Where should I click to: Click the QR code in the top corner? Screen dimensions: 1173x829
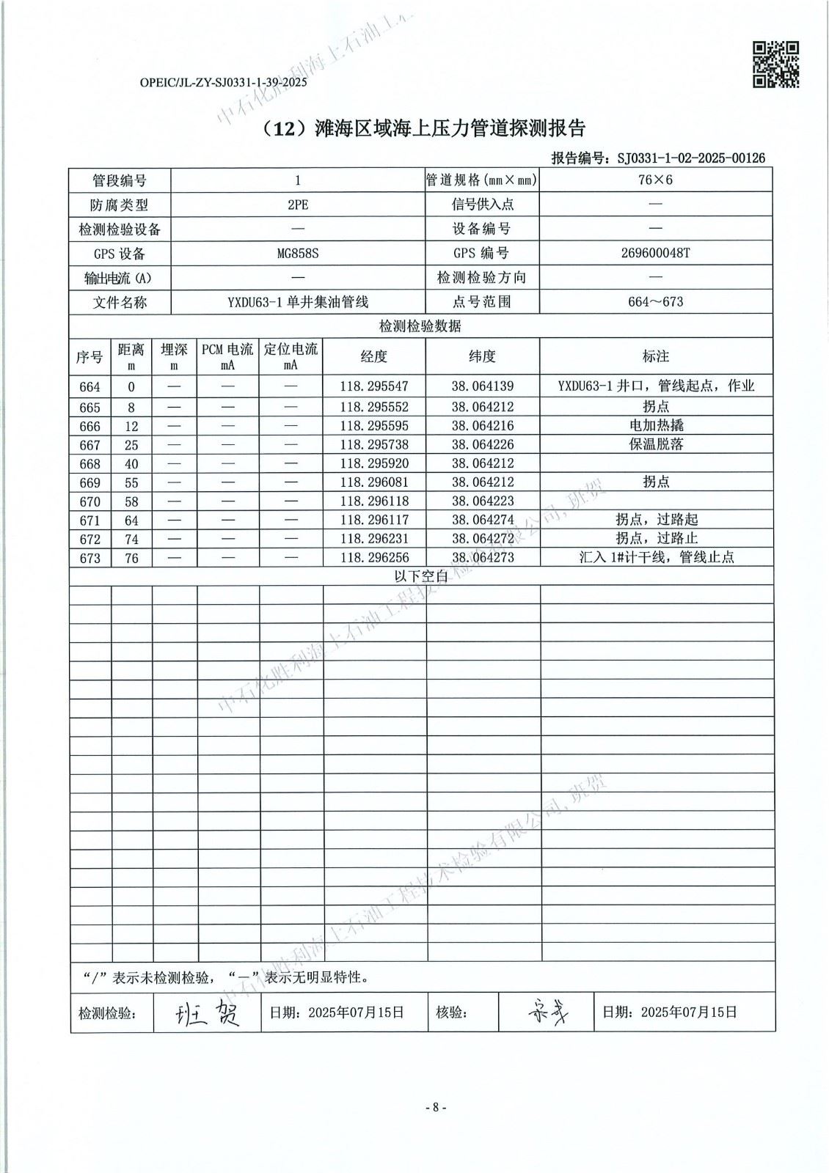point(776,65)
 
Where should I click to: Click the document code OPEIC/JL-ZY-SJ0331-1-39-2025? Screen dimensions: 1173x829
point(223,83)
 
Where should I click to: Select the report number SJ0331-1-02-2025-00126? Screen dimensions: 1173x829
point(691,158)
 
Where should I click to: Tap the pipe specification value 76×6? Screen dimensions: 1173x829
point(655,180)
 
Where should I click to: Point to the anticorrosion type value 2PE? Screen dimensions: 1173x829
point(298,205)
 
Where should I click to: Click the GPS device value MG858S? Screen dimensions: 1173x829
point(298,254)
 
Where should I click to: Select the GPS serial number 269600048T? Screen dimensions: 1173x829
point(655,253)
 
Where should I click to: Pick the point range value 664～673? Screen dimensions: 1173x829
point(655,302)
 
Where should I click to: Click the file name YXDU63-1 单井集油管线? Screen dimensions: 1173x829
point(298,302)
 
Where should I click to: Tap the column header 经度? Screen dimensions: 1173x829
point(373,356)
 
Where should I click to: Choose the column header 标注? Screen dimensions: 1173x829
point(655,356)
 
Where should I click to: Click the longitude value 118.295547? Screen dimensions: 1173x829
point(373,386)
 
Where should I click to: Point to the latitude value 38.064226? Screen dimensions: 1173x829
point(482,444)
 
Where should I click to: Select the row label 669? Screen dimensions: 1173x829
point(90,482)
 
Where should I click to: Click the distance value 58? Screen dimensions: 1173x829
point(131,501)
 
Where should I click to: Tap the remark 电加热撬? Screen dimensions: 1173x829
point(655,425)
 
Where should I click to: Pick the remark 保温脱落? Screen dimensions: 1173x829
point(655,444)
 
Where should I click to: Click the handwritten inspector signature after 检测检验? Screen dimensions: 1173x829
point(207,1014)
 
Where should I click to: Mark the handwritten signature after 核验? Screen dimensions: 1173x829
point(547,1013)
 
